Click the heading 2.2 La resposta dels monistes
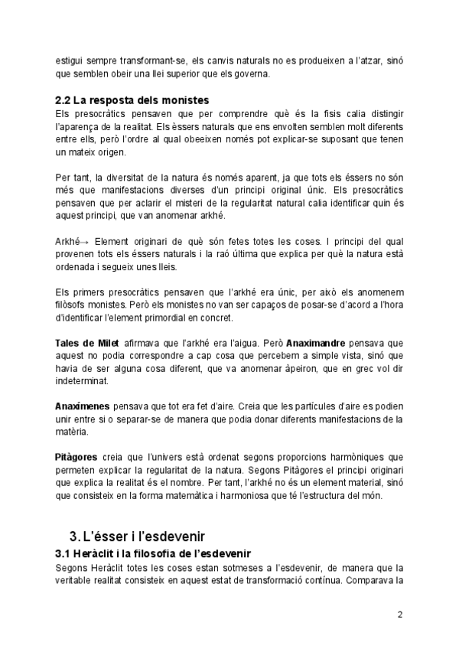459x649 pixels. (132, 100)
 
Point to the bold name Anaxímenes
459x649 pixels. (83, 406)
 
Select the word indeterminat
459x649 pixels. (83, 380)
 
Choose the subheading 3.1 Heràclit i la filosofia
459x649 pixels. (154, 553)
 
